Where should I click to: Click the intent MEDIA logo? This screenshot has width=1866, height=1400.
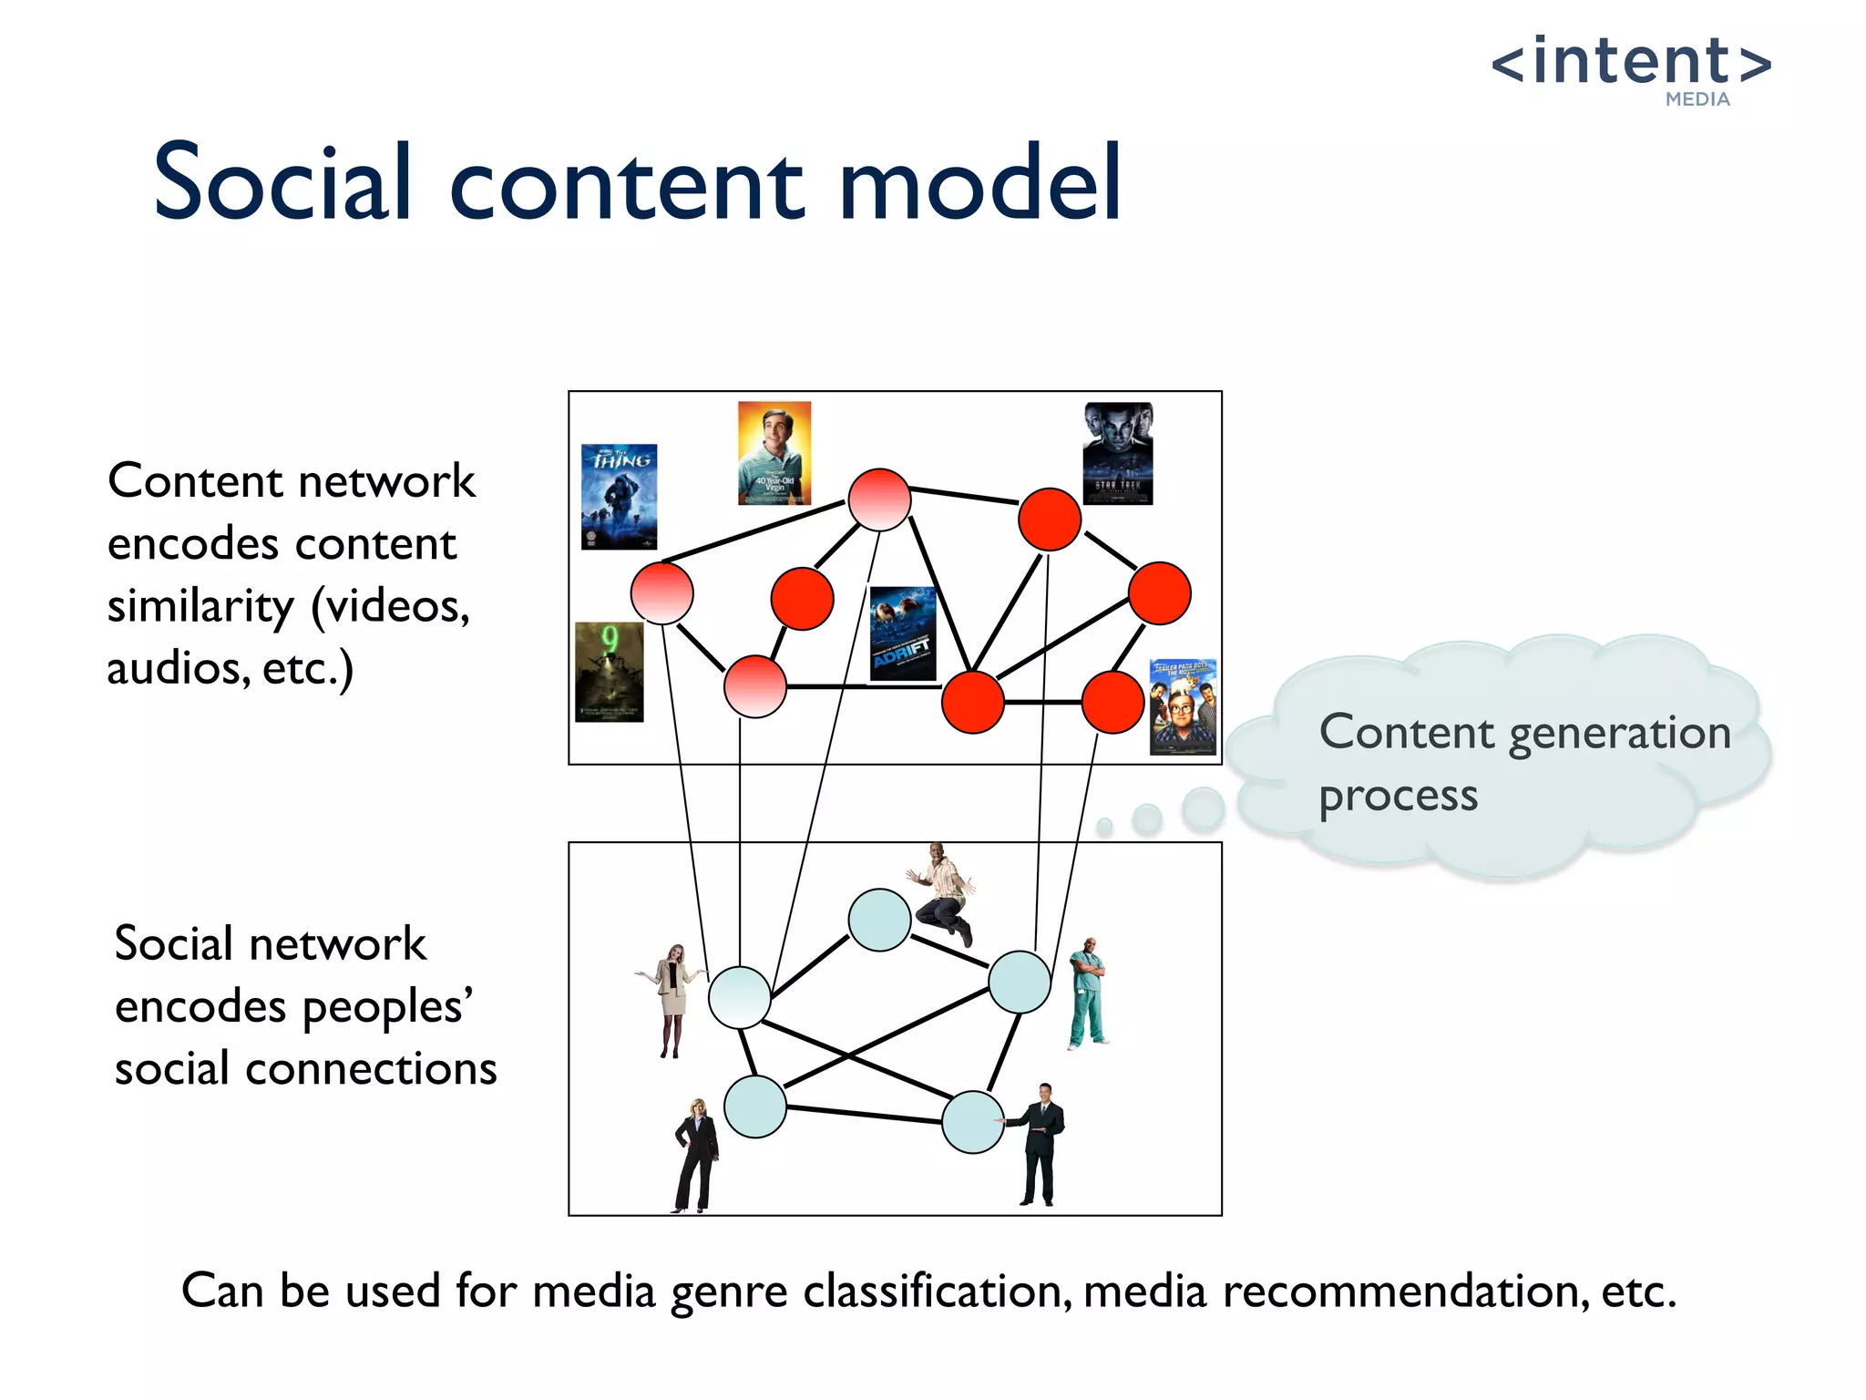pyautogui.click(x=1631, y=68)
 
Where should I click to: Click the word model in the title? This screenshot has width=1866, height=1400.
pyautogui.click(x=979, y=184)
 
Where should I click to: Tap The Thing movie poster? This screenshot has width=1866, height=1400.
pyautogui.click(x=619, y=497)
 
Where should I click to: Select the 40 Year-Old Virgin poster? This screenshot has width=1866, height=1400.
pyautogui.click(x=774, y=453)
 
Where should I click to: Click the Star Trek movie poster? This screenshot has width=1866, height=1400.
pyautogui.click(x=1118, y=453)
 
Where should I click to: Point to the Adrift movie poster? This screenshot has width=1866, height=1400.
pyautogui.click(x=903, y=633)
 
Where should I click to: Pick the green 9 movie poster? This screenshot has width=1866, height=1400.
pyautogui.click(x=610, y=672)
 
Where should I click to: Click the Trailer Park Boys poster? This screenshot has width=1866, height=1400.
pyautogui.click(x=1183, y=707)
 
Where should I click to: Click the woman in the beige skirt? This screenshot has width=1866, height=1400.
pyautogui.click(x=672, y=999)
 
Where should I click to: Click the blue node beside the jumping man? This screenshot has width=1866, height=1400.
pyautogui.click(x=879, y=921)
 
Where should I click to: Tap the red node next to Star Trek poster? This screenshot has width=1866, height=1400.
pyautogui.click(x=1050, y=520)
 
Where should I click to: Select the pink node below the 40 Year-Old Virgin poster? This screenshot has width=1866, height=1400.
pyautogui.click(x=879, y=499)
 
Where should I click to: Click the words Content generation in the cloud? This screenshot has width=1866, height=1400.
pyautogui.click(x=1524, y=734)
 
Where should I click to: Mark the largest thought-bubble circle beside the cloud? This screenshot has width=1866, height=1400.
pyautogui.click(x=1203, y=808)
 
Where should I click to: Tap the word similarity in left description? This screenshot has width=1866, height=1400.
pyautogui.click(x=201, y=607)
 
